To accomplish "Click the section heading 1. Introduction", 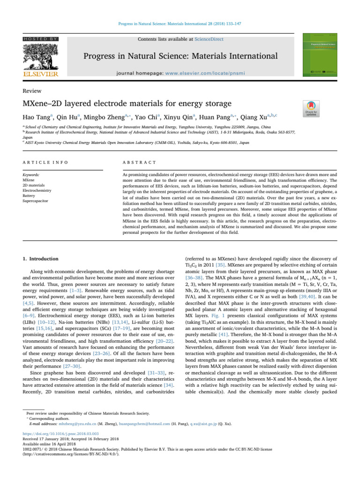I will click(x=41, y=259).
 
